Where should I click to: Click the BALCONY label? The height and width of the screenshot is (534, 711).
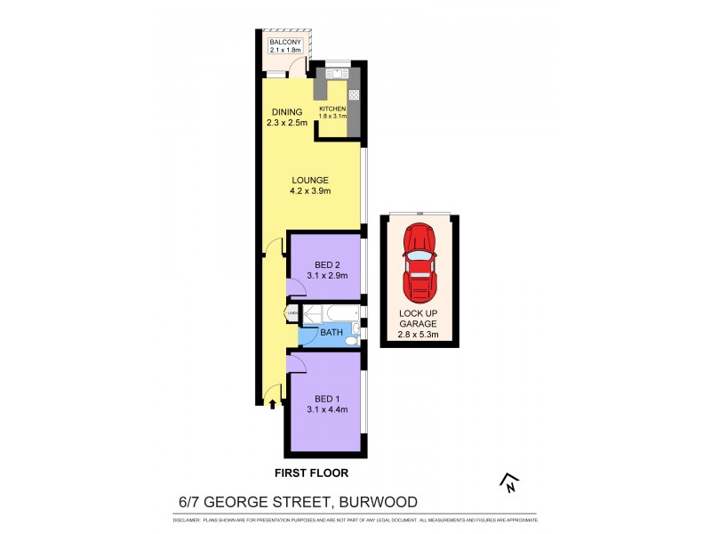point(285,42)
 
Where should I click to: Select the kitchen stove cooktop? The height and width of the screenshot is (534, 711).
point(353,94)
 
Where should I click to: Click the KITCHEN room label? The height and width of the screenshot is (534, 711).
point(332,109)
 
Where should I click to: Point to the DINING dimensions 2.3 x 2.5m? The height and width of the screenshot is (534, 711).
point(286,123)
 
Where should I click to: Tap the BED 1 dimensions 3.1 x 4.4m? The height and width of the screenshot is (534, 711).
point(325,409)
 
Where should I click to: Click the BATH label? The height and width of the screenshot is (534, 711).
point(331,333)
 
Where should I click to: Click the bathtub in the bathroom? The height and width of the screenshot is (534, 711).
point(331,314)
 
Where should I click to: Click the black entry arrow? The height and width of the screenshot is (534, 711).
point(273,404)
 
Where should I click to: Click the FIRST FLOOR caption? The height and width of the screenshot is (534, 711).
point(310,473)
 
